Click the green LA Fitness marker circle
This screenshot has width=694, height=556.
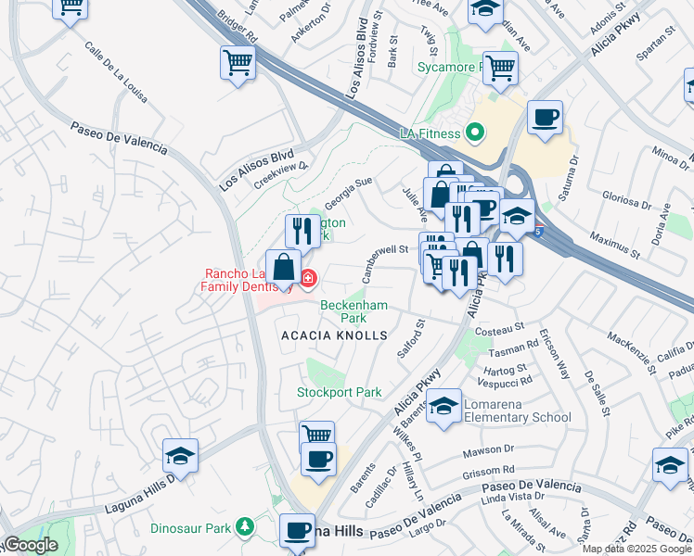point(476,133)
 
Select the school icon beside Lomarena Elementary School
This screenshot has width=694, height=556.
point(445,407)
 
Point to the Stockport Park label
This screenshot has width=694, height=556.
point(339,393)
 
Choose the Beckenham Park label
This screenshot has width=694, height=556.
point(353,311)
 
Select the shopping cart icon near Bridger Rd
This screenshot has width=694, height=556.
point(238,64)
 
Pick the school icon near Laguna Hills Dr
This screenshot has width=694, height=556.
point(181,456)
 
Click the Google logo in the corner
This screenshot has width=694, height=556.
point(30,545)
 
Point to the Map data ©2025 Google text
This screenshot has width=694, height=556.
point(636,549)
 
